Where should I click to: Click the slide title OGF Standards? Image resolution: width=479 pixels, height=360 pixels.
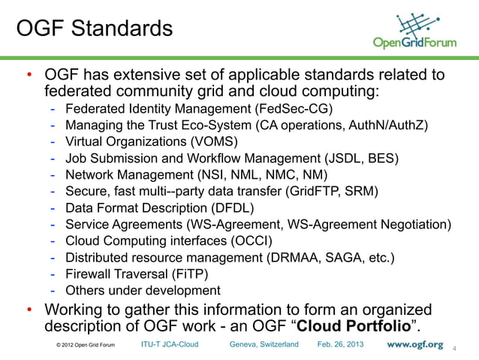[x=94, y=30]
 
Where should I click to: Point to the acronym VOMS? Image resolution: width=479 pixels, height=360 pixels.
[x=216, y=141]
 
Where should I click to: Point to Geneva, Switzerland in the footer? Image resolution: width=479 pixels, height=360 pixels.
[x=264, y=344]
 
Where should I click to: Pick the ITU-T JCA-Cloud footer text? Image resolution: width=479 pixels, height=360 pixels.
[x=170, y=344]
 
